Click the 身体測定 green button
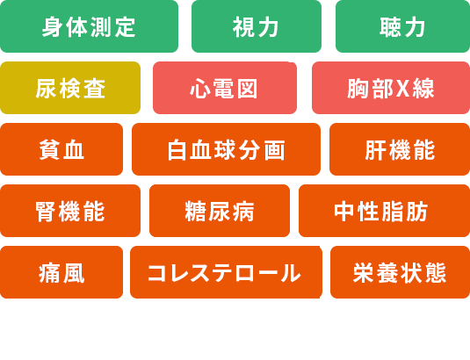[89, 26]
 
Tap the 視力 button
[257, 26]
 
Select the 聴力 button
[402, 26]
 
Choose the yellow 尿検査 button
[70, 88]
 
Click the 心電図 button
[225, 88]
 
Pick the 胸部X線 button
[391, 88]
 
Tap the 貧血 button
[61, 149]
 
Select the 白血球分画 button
[226, 149]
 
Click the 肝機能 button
[400, 149]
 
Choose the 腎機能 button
[70, 211]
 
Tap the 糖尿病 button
[220, 211]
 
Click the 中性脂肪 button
[384, 211]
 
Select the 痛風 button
[61, 272]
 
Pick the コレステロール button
[226, 272]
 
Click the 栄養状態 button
[401, 272]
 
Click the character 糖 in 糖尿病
[195, 211]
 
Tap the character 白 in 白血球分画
[177, 150]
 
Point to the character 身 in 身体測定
[53, 27]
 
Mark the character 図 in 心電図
[247, 89]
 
